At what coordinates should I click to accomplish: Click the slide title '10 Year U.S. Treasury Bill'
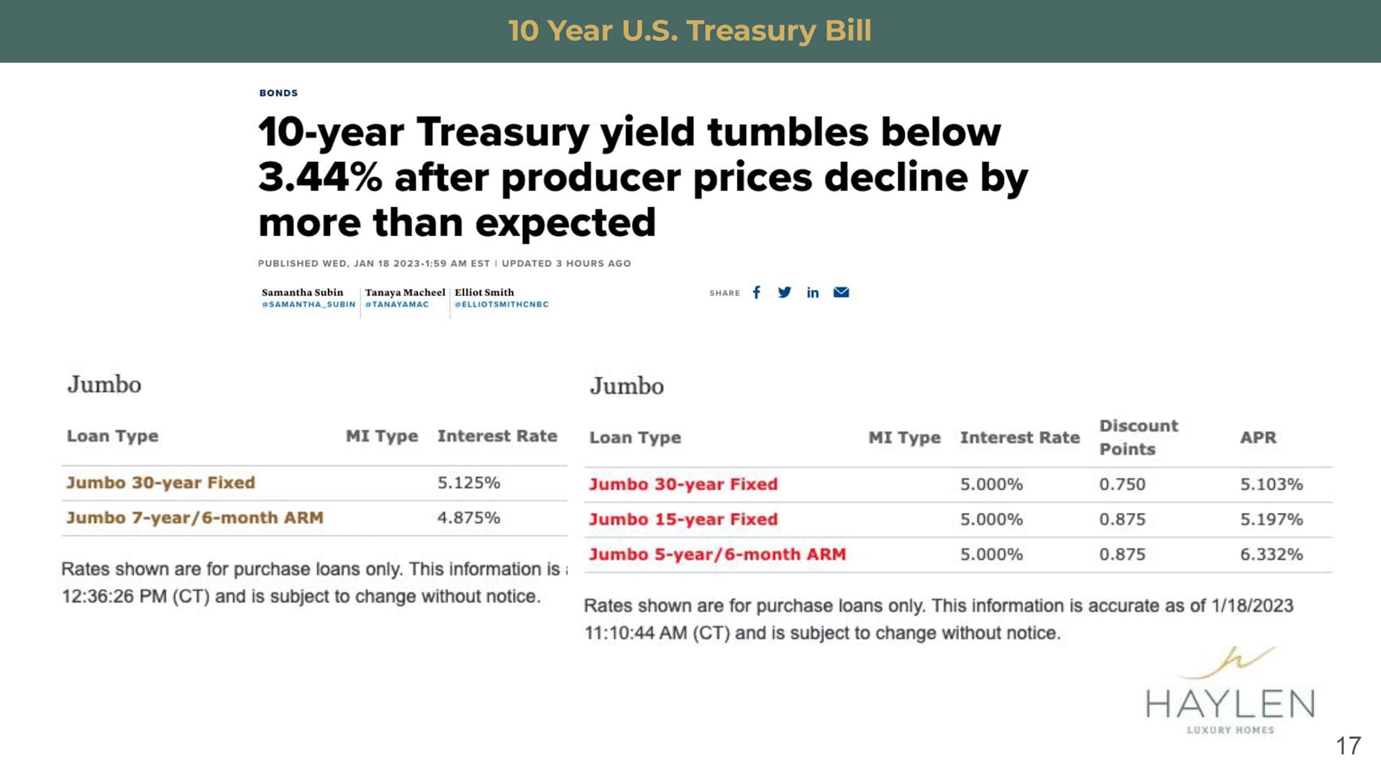pos(690,31)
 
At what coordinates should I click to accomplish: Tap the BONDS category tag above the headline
pos(278,93)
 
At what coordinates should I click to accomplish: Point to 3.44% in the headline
pos(320,177)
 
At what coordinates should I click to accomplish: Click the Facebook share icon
pos(756,292)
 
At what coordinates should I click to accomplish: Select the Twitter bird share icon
pos(784,292)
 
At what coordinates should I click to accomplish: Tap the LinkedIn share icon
pos(813,292)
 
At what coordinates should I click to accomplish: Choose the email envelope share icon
pos(841,292)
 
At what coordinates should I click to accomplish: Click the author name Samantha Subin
pos(302,292)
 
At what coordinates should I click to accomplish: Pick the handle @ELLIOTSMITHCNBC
pos(501,304)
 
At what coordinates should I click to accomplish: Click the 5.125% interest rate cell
pos(468,483)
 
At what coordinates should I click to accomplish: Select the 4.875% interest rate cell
pos(468,518)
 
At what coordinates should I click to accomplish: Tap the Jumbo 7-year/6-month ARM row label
pos(195,518)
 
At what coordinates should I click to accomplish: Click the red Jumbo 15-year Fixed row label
pos(683,519)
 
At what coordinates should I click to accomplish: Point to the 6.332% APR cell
pos(1271,555)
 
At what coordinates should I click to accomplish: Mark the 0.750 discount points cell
pos(1122,484)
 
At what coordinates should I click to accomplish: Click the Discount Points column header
pos(1139,437)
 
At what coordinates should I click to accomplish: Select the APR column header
pos(1258,437)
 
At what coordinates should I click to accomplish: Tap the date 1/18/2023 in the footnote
pos(1252,606)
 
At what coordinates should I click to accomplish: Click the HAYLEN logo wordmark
pos(1230,704)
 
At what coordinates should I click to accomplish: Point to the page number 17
pos(1349,745)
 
